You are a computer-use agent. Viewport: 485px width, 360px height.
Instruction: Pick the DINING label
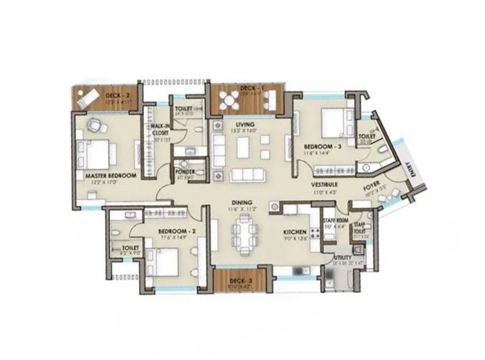240,203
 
